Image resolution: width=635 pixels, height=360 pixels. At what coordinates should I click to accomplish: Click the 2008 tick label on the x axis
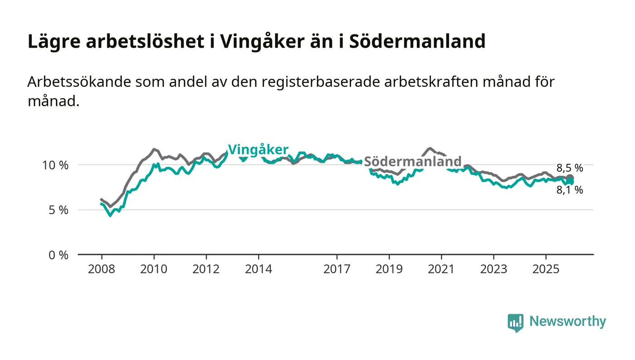[x=101, y=269]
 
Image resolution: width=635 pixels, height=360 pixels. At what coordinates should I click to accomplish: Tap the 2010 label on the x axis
[x=154, y=269]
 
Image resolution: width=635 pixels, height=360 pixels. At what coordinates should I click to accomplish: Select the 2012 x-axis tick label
[x=206, y=269]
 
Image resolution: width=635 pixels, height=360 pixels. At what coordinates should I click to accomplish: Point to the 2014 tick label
[x=259, y=269]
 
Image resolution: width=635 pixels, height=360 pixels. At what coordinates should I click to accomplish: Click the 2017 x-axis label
[x=337, y=269]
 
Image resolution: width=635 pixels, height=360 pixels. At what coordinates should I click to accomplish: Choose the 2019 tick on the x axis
[x=389, y=269]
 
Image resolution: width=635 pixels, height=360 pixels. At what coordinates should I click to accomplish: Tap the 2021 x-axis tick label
[x=441, y=269]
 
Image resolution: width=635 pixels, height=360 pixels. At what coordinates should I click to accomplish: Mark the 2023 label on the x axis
[x=493, y=269]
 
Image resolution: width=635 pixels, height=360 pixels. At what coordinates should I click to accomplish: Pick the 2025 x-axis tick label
[x=546, y=269]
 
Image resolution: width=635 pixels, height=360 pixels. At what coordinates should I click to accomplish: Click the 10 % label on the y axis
[x=55, y=165]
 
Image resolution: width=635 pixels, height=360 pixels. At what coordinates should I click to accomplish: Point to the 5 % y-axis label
[x=58, y=210]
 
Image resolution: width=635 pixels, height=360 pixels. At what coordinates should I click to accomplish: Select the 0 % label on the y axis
[x=58, y=255]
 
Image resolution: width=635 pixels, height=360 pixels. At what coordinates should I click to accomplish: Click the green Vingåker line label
[x=258, y=150]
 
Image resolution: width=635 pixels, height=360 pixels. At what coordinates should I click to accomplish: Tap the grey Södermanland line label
[x=413, y=161]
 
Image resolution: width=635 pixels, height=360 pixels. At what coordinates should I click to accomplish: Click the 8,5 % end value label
[x=570, y=168]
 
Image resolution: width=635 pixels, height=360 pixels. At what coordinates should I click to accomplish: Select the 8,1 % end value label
[x=570, y=190]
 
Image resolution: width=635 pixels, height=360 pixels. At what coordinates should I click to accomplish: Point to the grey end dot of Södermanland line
[x=570, y=178]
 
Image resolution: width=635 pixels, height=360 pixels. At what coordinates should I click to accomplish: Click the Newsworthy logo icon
[x=515, y=322]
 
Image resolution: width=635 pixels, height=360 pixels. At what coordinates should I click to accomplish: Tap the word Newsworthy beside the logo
[x=567, y=321]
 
